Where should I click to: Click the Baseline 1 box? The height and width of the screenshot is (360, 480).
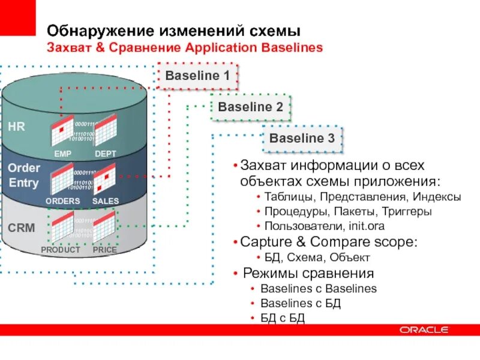[x=197, y=76]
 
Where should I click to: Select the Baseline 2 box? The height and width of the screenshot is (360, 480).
[x=250, y=107]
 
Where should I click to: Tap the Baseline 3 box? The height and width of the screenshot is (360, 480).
[x=302, y=139]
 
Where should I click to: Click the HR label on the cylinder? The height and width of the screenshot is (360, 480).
[x=16, y=126]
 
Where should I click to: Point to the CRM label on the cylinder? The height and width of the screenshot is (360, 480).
[x=22, y=228]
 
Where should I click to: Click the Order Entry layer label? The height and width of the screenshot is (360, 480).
[x=24, y=176]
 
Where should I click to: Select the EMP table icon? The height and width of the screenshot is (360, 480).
[x=62, y=131]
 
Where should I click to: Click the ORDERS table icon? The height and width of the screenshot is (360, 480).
[x=62, y=179]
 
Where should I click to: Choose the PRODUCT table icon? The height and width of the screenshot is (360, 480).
[x=62, y=228]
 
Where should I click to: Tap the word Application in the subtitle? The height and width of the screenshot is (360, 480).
[x=216, y=47]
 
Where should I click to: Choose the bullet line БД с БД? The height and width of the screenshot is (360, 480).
[x=283, y=317]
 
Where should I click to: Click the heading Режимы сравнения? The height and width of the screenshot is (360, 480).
[x=308, y=274]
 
